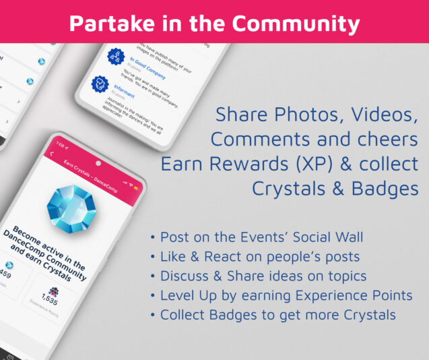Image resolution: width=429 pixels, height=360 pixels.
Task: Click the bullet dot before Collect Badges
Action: (154, 316)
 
